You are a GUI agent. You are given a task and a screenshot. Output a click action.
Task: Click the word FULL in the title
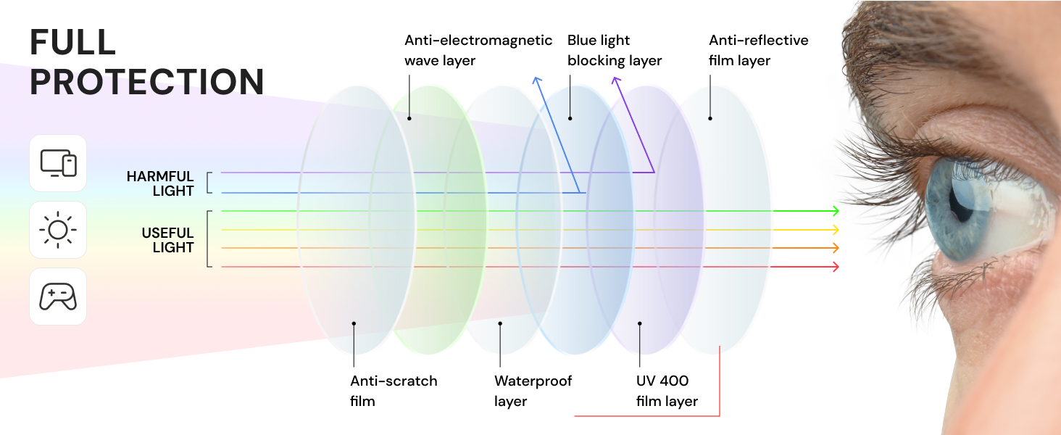pos(73,42)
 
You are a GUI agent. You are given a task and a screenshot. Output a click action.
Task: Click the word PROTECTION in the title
pos(147,82)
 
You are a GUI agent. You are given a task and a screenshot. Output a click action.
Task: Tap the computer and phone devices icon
pos(58,163)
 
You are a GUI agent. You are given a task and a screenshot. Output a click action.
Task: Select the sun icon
pos(58,230)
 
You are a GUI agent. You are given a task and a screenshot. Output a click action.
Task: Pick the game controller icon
pos(58,297)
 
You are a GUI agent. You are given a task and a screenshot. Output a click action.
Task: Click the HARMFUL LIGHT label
pos(160,183)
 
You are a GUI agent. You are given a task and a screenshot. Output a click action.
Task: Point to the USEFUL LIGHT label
pos(167,240)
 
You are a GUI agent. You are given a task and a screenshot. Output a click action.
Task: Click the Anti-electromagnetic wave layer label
pos(478,50)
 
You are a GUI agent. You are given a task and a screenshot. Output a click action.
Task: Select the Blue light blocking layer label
pos(615,50)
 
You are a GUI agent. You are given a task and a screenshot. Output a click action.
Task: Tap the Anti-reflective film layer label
pos(758,50)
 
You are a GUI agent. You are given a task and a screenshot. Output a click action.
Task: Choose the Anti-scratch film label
pos(394,391)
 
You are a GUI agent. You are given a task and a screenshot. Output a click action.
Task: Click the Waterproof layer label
pos(533,391)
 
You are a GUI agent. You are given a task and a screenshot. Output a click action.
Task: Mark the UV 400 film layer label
pos(667,391)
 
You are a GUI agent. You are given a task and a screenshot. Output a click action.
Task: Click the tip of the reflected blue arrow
pos(535,78)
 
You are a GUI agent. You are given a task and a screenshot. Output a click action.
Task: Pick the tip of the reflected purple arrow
pos(615,78)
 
